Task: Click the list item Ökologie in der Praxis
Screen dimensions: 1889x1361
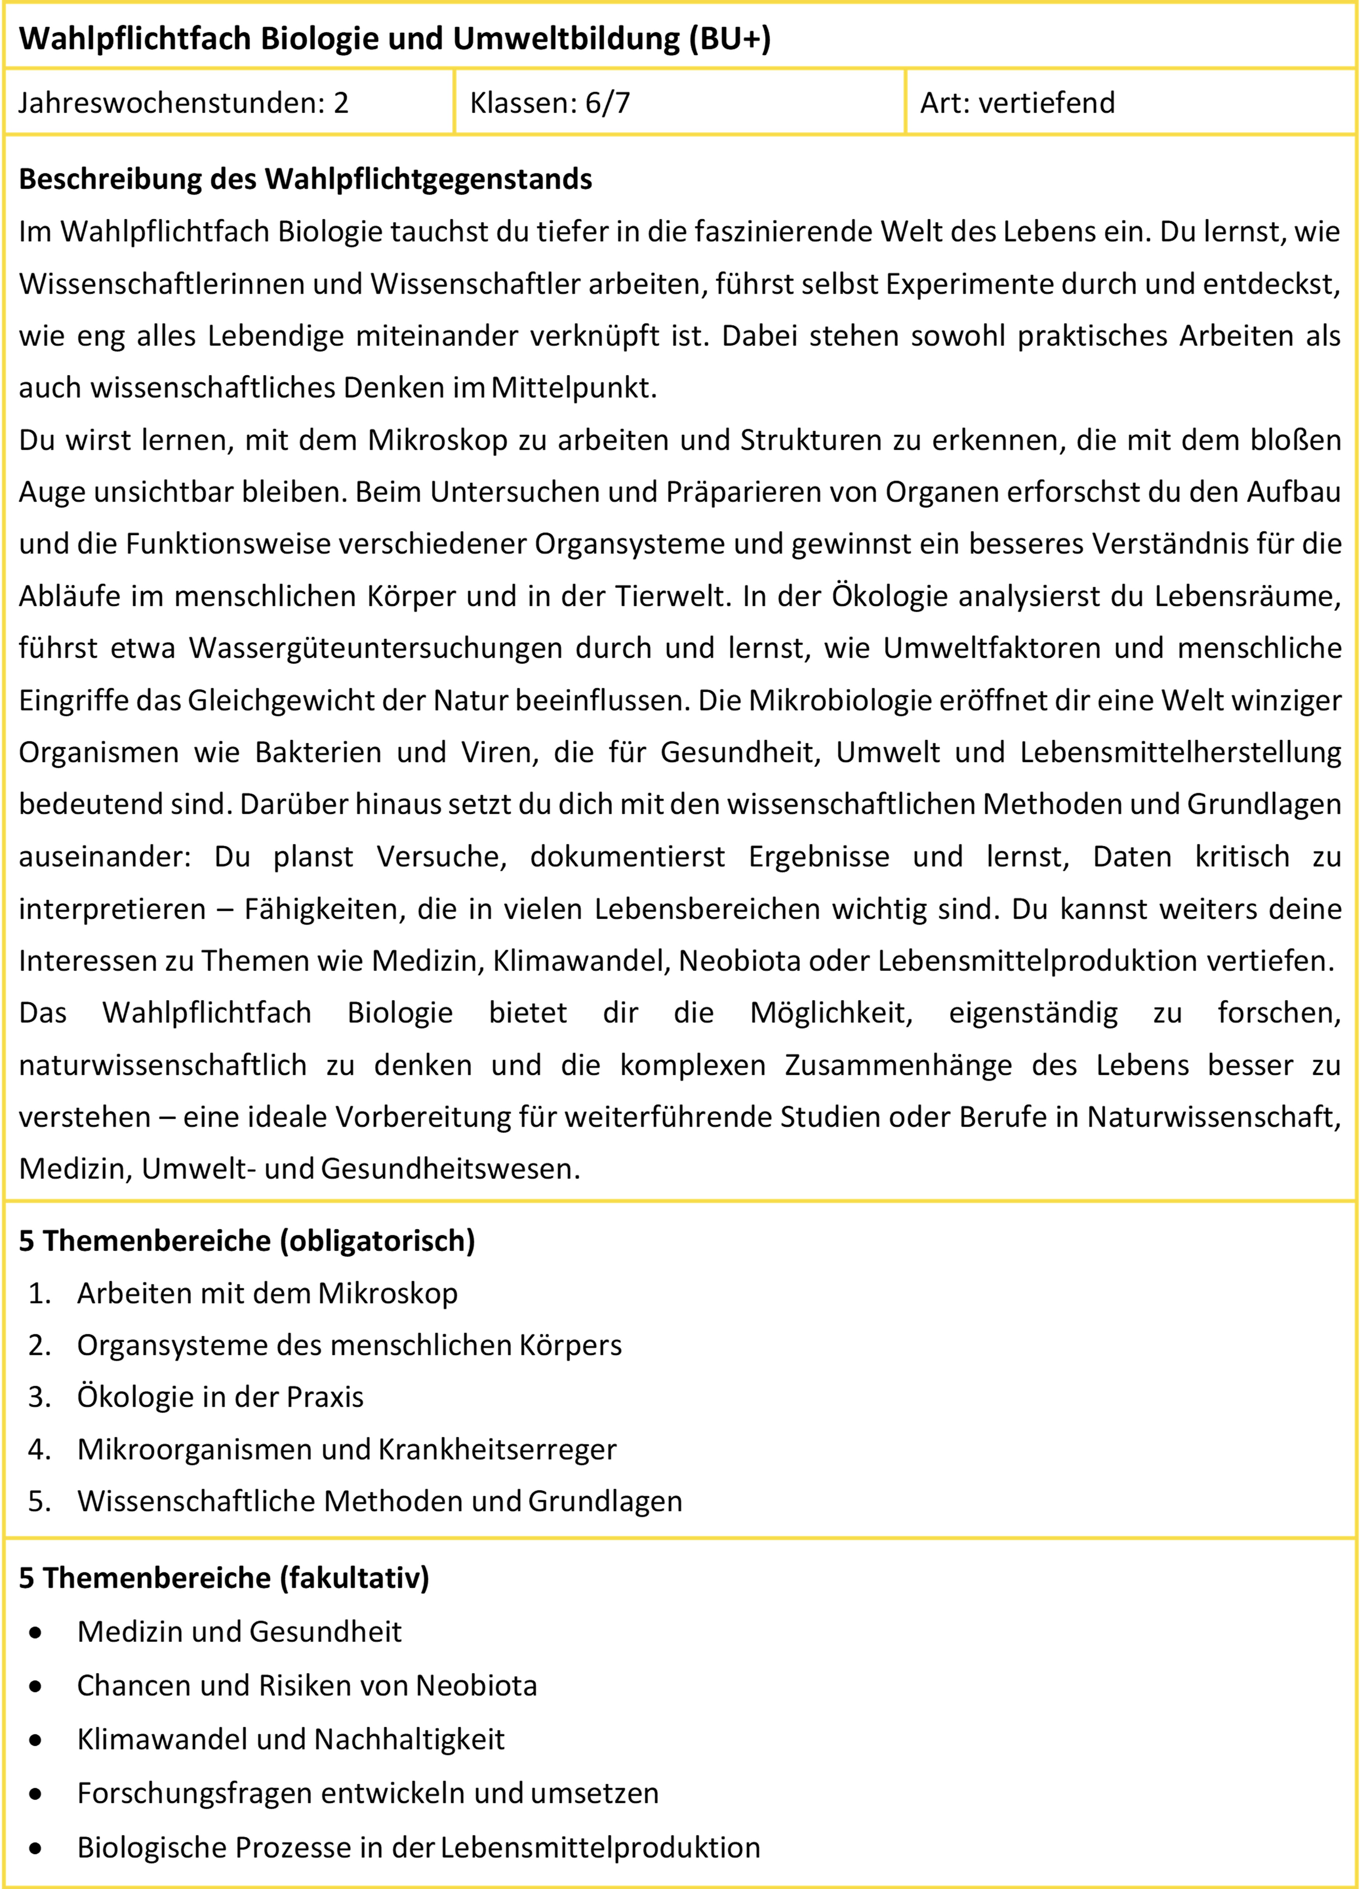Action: click(220, 1397)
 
